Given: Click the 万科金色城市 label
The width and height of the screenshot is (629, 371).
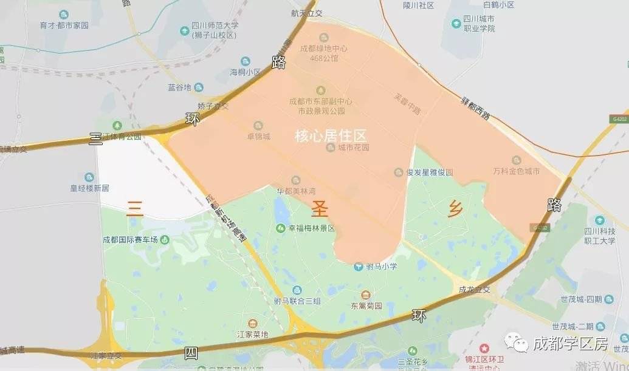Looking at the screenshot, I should click(517, 172).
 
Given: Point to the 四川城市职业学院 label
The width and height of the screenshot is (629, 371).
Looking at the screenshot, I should click(480, 24).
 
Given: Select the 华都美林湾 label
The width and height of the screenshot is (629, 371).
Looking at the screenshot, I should click(297, 189).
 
